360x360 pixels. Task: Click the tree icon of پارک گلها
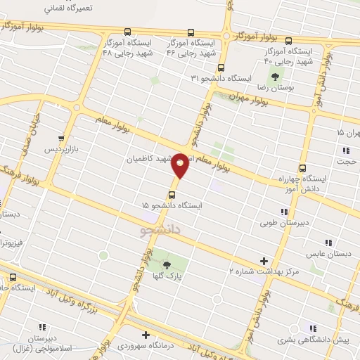point(167,265)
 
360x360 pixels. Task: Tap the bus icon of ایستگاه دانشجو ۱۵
point(172,193)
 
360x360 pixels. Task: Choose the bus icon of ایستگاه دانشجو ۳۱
point(221,68)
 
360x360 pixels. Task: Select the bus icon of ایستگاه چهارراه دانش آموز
point(302,168)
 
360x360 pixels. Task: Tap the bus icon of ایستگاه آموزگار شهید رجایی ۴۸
point(127,32)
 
